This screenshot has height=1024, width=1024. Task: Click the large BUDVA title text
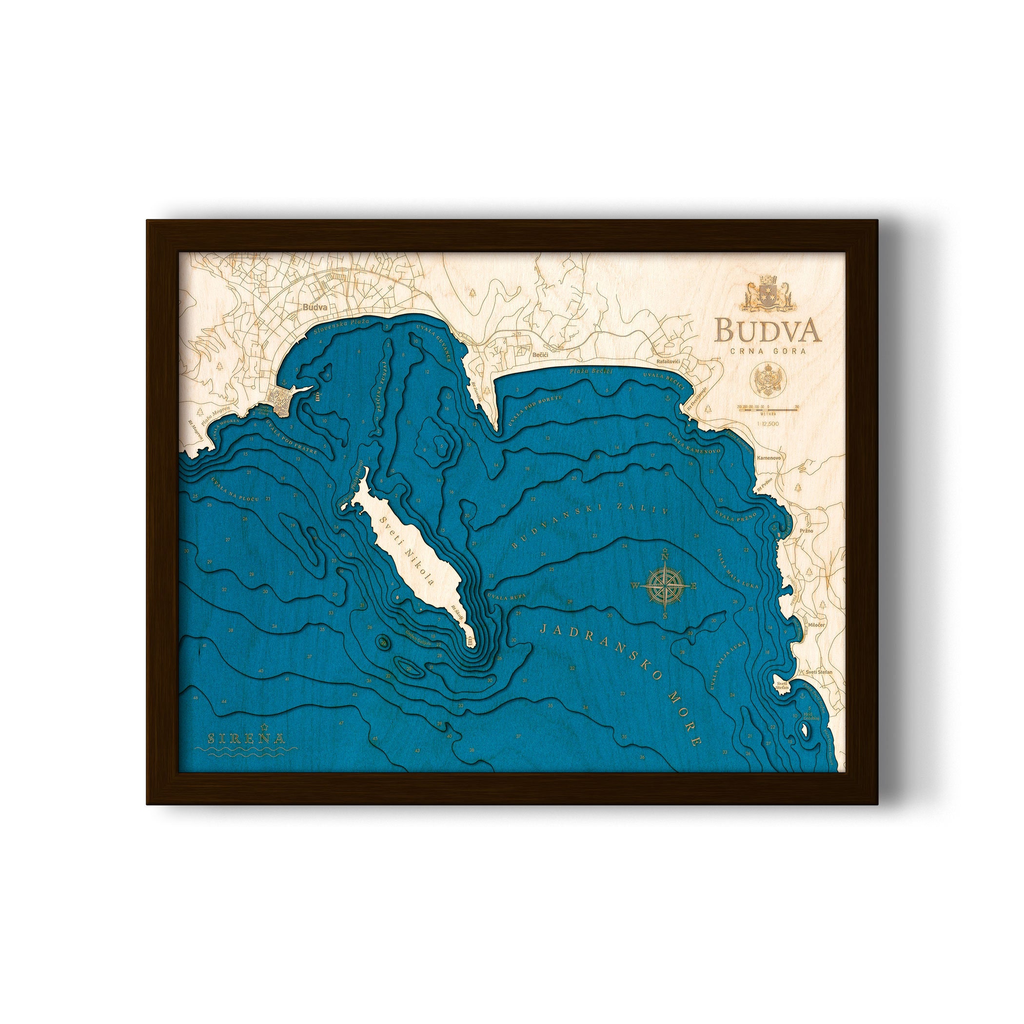tap(768, 330)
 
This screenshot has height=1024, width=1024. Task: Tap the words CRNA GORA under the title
tap(768, 350)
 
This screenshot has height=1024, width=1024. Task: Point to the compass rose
tap(664, 585)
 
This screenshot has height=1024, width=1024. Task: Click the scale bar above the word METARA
tap(768, 407)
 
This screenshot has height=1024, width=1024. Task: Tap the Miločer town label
tap(816, 626)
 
